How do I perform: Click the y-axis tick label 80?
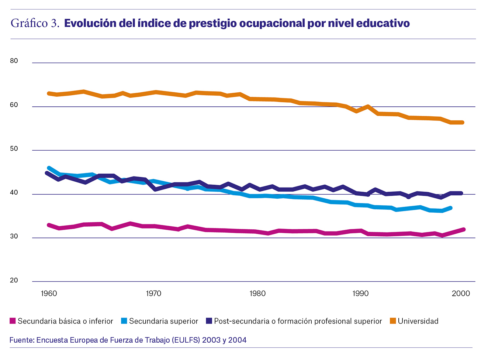[x=14, y=61]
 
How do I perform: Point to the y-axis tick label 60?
[x=14, y=105]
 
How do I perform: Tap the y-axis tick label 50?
[x=14, y=149]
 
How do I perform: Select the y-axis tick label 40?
[x=14, y=193]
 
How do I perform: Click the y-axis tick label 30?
[x=14, y=236]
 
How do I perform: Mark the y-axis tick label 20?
[x=14, y=280]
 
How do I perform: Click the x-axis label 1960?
[x=49, y=294]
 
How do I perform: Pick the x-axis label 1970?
[x=153, y=294]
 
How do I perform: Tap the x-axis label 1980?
[x=257, y=294]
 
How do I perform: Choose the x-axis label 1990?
[x=360, y=294]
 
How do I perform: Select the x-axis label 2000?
[x=461, y=294]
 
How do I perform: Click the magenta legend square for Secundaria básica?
[x=13, y=321]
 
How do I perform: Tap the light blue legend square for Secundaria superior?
[x=124, y=321]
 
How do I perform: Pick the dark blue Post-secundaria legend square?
[x=209, y=321]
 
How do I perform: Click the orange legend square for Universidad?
[x=393, y=321]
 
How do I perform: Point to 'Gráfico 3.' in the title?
[x=35, y=23]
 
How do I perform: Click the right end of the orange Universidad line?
[x=462, y=123]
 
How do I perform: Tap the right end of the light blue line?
[x=450, y=208]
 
